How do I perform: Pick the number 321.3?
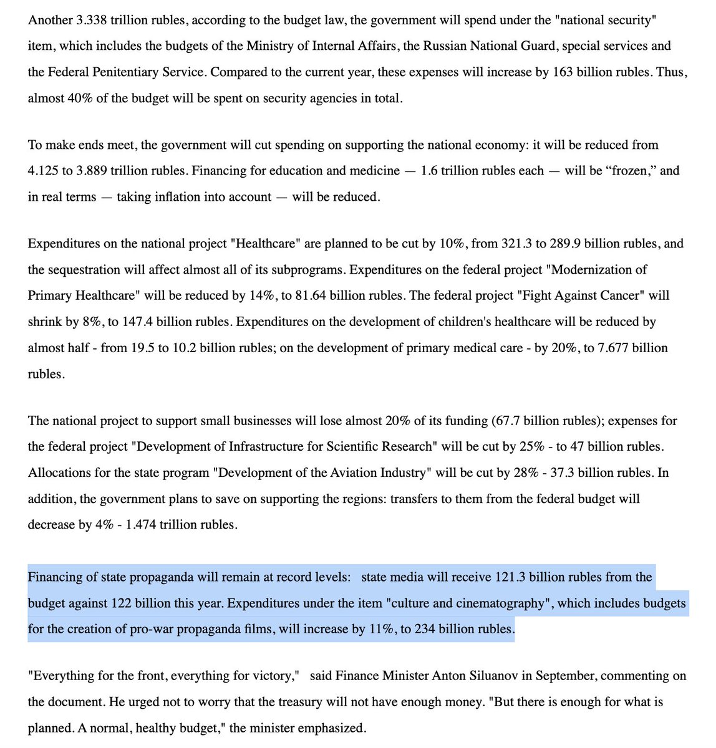point(519,243)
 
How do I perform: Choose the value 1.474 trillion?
point(146,524)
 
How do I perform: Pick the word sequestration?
point(85,269)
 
